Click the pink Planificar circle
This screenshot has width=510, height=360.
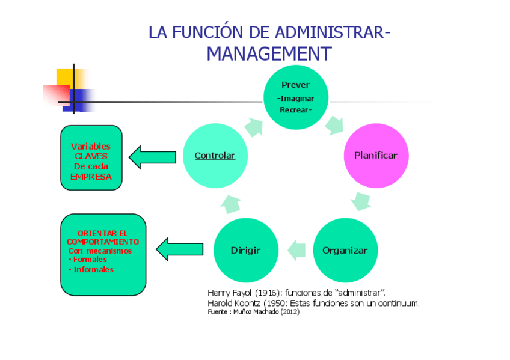pos(375,156)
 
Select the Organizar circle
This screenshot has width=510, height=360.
pos(345,250)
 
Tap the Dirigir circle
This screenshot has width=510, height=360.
pos(246,250)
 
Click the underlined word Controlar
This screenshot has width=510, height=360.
pos(215,156)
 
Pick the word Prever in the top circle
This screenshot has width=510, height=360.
pos(295,85)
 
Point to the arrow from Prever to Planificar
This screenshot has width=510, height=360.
pos(334,124)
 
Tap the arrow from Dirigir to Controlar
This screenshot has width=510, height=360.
pos(231,204)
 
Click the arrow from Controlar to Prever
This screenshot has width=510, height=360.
pos(254,126)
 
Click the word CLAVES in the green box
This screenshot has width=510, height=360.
pos(91,156)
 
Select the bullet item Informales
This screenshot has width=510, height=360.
pos(93,270)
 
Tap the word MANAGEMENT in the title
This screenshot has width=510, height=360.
pos(269,54)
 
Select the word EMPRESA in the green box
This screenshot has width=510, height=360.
pos(91,177)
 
